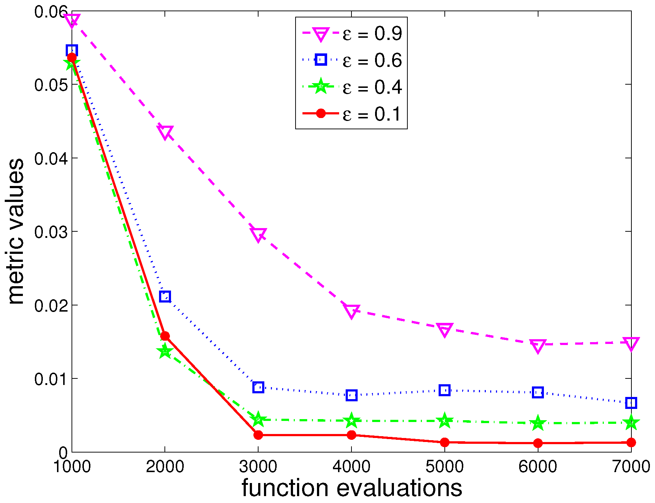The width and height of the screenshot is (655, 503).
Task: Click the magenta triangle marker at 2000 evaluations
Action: click(165, 132)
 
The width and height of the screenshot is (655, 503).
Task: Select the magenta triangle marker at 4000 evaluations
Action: click(351, 311)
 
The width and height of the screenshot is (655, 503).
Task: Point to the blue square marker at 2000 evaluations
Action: click(165, 297)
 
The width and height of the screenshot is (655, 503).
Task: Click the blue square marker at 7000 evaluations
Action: click(631, 403)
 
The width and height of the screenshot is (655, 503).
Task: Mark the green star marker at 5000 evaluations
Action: click(444, 421)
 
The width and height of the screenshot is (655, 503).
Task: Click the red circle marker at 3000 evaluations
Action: click(258, 435)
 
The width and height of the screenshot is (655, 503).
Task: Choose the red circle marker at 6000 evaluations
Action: click(538, 443)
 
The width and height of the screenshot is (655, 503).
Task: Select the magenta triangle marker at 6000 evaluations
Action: click(538, 345)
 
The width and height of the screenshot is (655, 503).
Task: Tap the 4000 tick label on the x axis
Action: click(351, 466)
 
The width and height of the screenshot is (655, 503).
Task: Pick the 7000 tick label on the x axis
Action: click(631, 466)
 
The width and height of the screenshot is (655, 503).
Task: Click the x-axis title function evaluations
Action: click(351, 488)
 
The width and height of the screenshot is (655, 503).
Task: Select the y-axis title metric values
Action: click(16, 231)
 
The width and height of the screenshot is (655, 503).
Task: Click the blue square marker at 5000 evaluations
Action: click(444, 390)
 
